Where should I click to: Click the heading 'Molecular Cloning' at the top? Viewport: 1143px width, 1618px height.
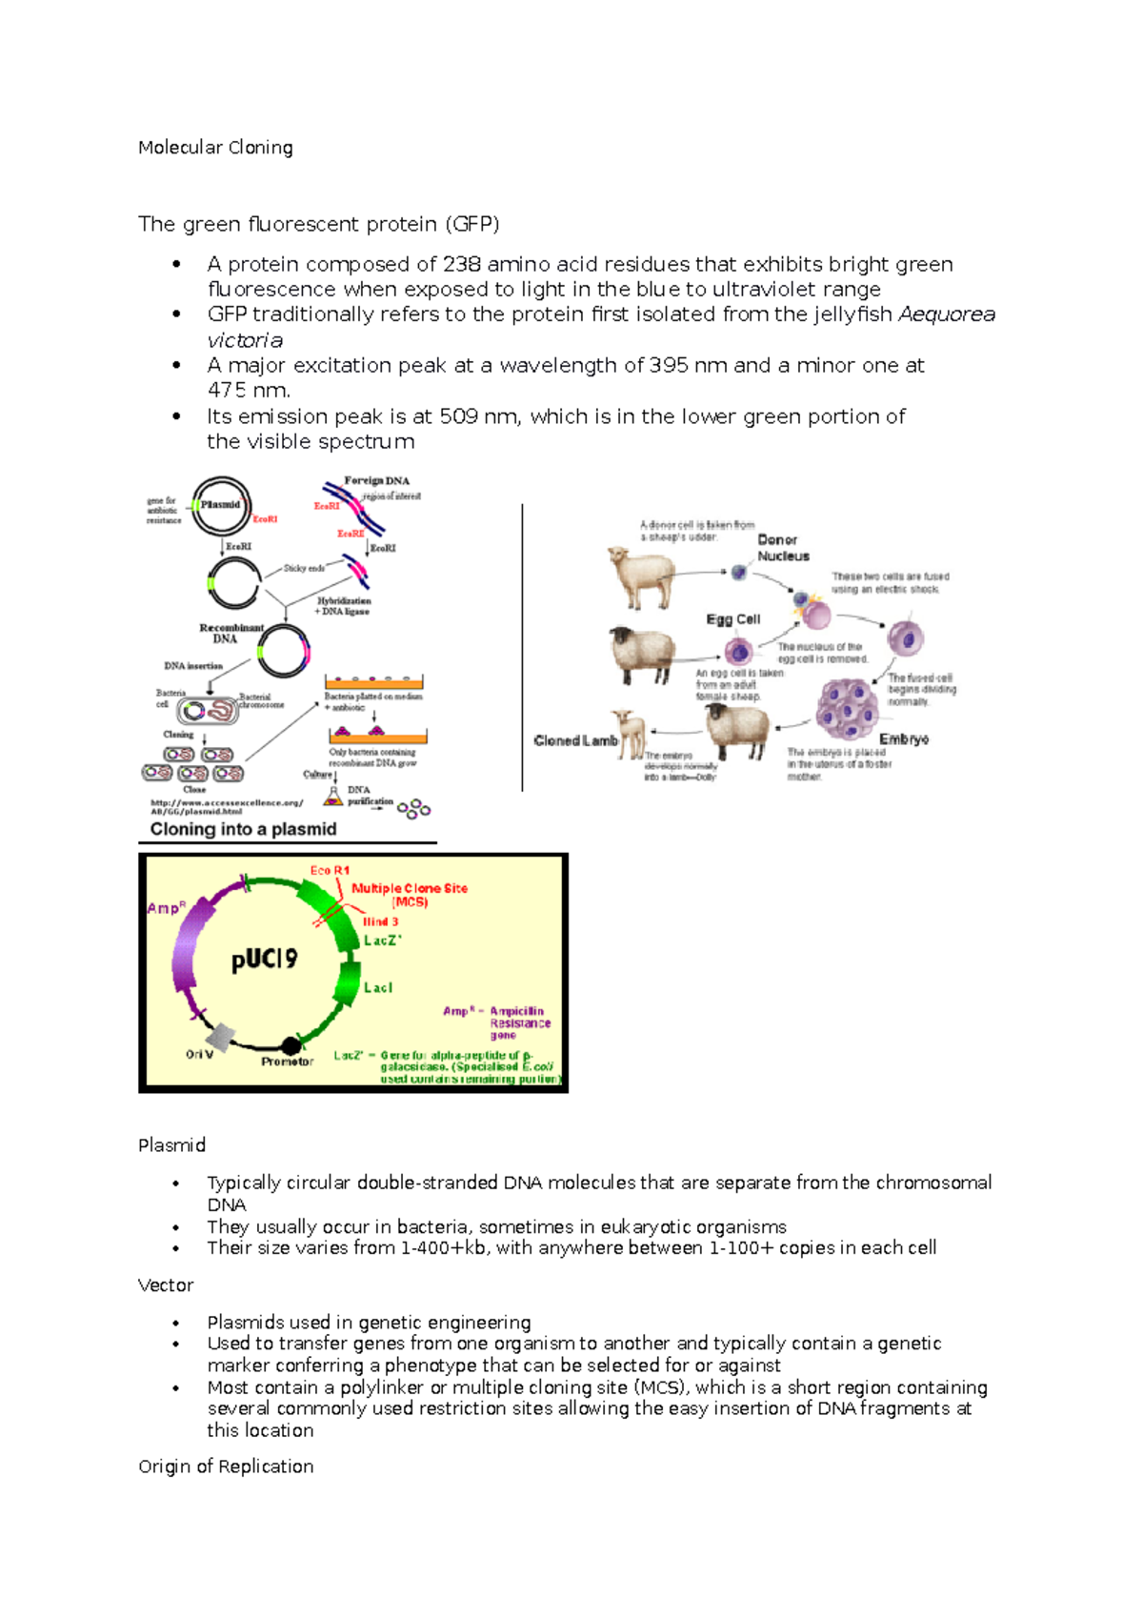pos(215,148)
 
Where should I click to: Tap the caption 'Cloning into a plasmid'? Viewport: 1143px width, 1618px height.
pos(243,829)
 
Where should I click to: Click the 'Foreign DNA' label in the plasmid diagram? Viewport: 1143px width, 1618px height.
pos(376,481)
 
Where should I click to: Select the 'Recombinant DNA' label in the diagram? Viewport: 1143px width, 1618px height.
pos(230,633)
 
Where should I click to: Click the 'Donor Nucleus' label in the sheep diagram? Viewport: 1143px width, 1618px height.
pos(783,548)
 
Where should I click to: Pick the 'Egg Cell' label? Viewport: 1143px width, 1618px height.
pos(732,619)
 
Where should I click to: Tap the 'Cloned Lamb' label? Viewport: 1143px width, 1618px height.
pos(575,740)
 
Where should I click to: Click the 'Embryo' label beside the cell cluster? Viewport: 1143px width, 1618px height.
pos(903,739)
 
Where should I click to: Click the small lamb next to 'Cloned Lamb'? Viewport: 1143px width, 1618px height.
pos(630,733)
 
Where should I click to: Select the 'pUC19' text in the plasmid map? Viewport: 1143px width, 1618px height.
pos(264,959)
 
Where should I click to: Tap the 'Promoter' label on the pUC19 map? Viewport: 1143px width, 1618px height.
pos(287,1062)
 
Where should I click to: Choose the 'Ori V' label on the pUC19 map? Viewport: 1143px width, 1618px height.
pos(199,1055)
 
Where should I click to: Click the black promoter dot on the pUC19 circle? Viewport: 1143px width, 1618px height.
pos(291,1046)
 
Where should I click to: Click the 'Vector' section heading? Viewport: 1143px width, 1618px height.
pos(166,1285)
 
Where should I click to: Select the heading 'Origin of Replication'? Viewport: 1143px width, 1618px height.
pos(226,1466)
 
